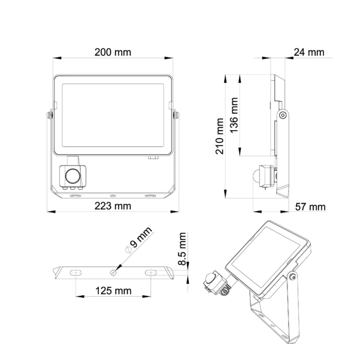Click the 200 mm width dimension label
[x=113, y=52]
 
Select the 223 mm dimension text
[x=113, y=206]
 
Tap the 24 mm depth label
[x=309, y=52]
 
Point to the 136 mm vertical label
[x=234, y=115]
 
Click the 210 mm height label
[x=220, y=136]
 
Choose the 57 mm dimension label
[x=310, y=207]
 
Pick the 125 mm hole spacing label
[x=114, y=291]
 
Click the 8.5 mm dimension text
[x=183, y=248]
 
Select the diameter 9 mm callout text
[x=138, y=240]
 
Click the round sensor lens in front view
[x=73, y=176]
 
